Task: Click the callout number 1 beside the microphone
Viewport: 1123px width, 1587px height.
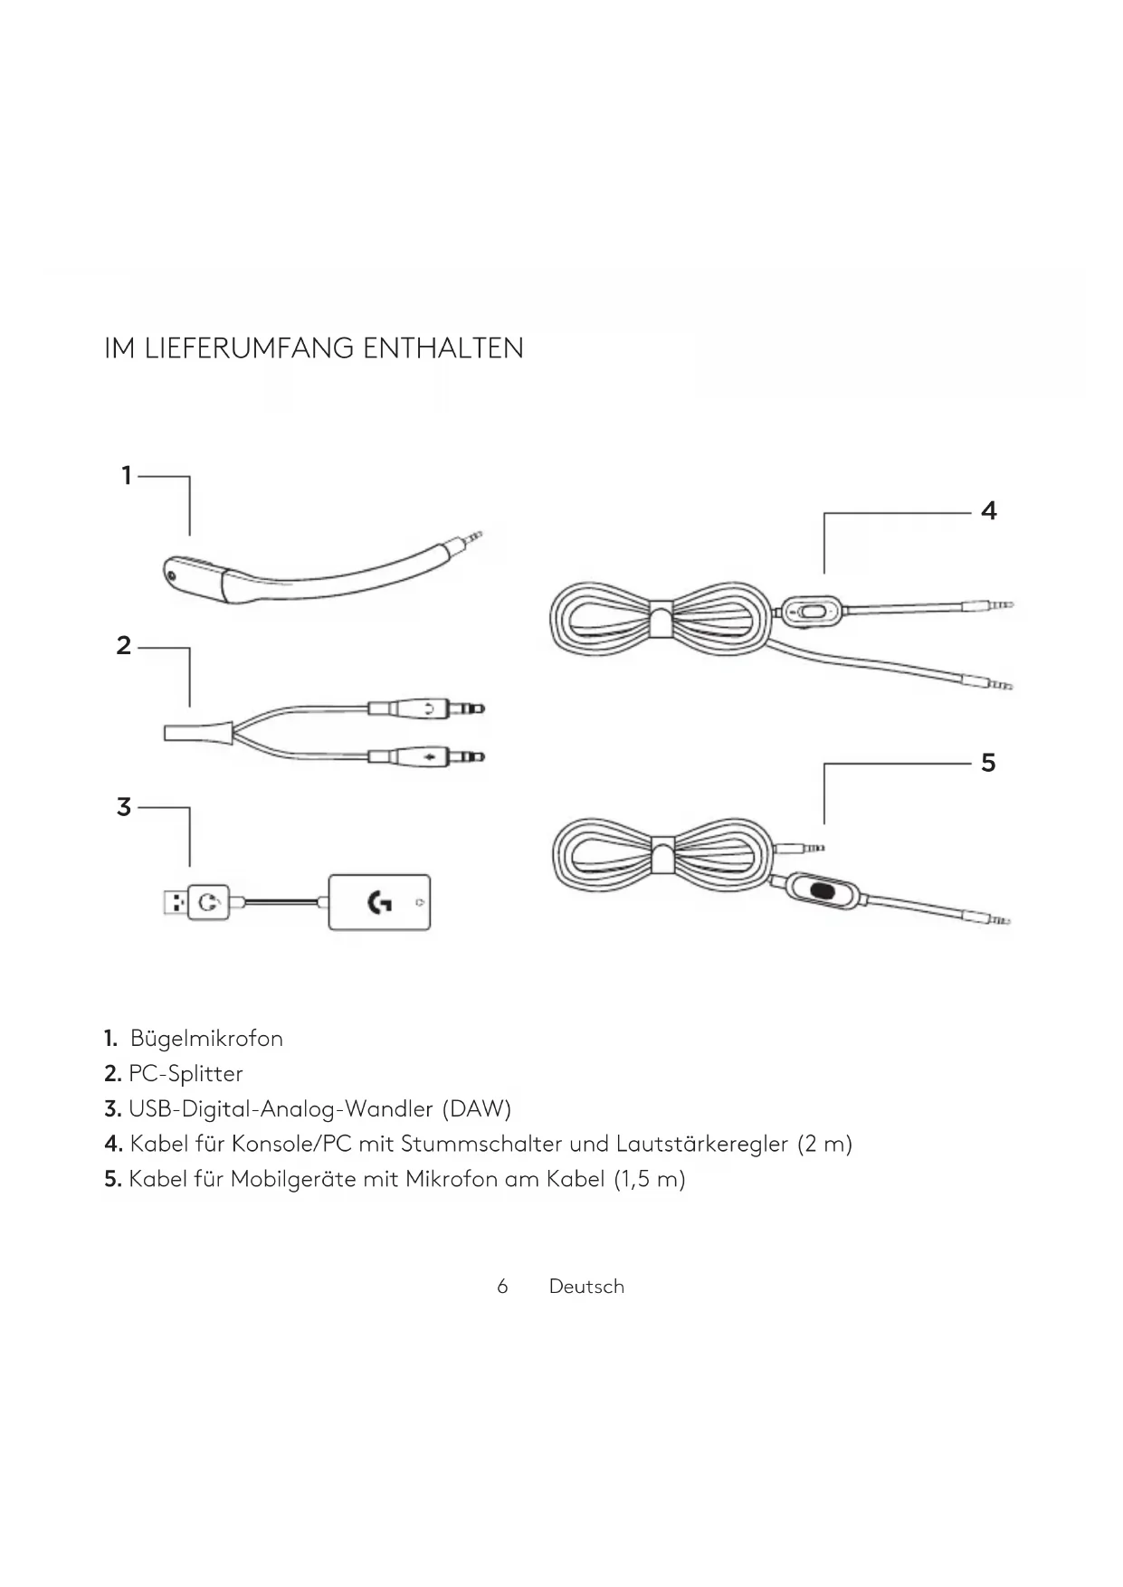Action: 127,475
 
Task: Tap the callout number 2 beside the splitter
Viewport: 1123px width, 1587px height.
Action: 124,646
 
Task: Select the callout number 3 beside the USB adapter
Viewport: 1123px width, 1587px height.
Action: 124,807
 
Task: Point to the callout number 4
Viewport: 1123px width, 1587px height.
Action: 989,512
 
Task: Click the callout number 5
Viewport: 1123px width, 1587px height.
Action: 988,764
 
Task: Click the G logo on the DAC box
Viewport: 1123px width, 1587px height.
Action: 379,902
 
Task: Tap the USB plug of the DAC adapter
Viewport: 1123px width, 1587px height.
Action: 175,902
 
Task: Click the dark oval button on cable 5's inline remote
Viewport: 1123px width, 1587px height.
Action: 823,890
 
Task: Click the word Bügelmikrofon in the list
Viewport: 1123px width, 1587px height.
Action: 206,1039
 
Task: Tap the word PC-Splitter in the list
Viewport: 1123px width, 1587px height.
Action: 186,1074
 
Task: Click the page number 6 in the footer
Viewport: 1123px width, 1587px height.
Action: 502,1287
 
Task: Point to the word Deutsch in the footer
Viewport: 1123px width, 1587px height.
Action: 586,1287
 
